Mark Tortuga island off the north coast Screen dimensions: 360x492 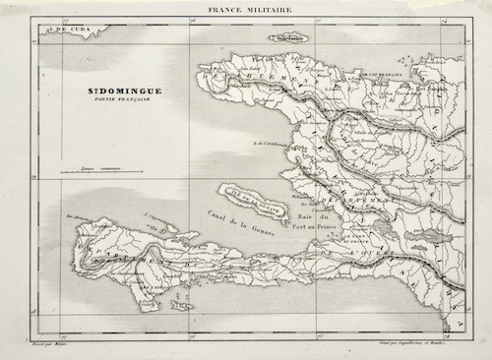[294, 36]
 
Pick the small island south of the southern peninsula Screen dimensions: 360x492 [182, 305]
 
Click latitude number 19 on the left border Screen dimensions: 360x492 [34, 178]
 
